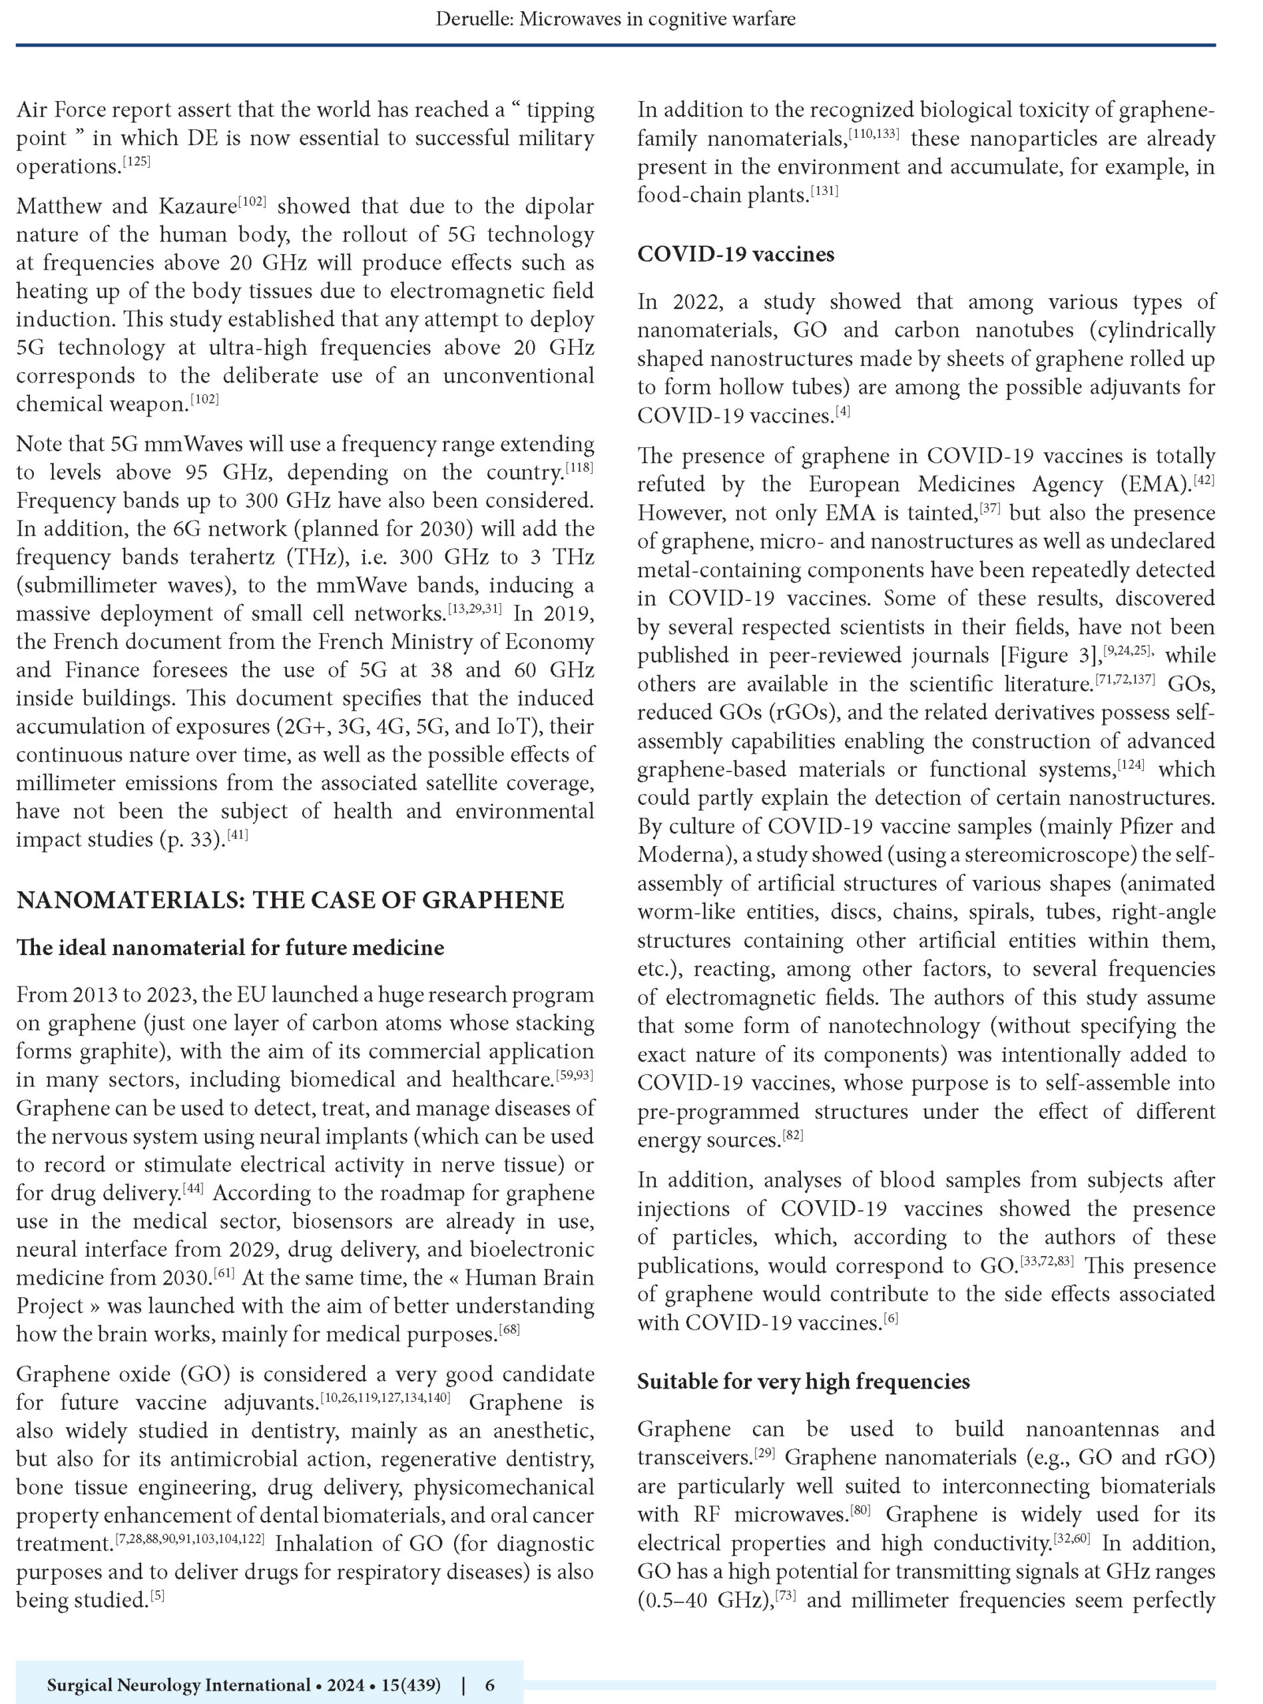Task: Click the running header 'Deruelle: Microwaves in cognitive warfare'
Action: [x=615, y=19]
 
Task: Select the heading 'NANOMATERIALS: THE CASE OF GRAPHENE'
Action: [x=290, y=900]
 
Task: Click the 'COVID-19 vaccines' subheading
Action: [x=736, y=254]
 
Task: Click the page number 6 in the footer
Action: [x=490, y=1679]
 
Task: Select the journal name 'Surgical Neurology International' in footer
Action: [x=177, y=1679]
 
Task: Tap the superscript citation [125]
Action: [x=138, y=162]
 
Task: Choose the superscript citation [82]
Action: [x=792, y=1136]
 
